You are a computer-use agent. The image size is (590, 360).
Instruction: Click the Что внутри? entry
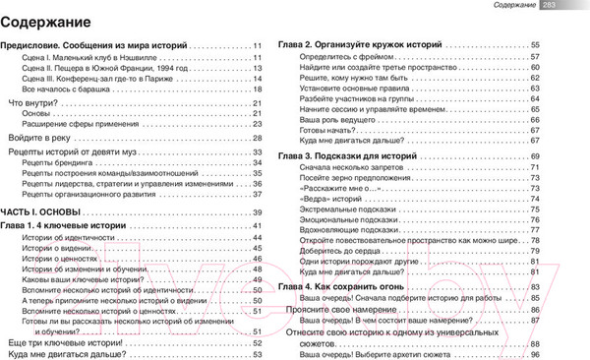point(31,103)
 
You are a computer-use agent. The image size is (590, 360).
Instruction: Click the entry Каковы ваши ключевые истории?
point(86,277)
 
